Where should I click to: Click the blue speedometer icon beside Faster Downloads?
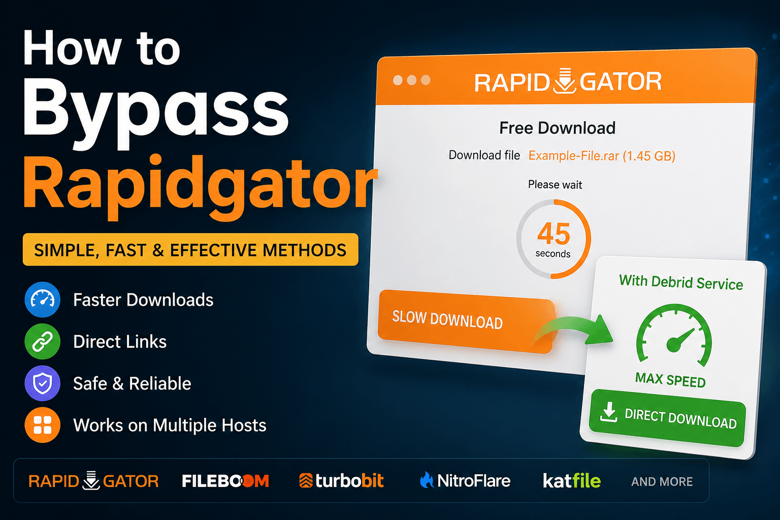(x=43, y=300)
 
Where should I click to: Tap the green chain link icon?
(x=43, y=341)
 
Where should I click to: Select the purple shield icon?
(x=43, y=383)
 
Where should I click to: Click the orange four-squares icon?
(x=43, y=425)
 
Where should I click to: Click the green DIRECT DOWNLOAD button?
(x=667, y=418)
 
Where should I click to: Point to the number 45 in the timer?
(x=554, y=234)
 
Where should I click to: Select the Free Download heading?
(x=557, y=128)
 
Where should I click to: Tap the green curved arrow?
(x=574, y=328)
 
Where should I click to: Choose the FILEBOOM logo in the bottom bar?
(x=225, y=481)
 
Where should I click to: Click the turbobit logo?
(x=341, y=480)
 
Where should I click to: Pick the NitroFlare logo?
(x=465, y=480)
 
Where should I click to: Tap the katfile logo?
(x=572, y=480)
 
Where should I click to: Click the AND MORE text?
(x=662, y=482)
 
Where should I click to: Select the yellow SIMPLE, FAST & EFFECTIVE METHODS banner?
(x=190, y=249)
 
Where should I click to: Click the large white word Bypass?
(x=156, y=111)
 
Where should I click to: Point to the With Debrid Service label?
(x=681, y=282)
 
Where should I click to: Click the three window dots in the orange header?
(x=412, y=80)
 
